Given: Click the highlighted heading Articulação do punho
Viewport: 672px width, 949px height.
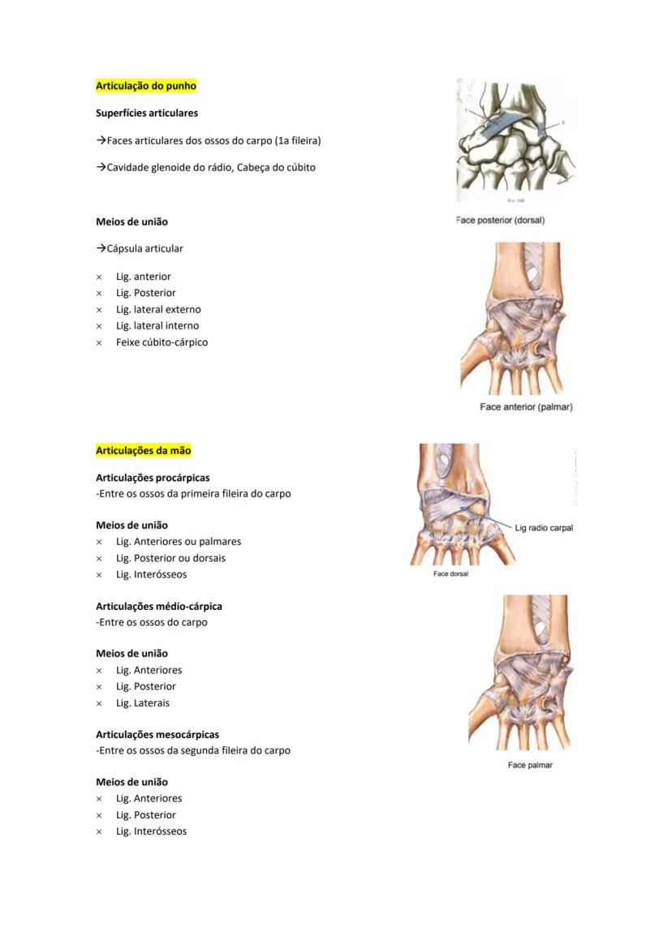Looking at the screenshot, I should pyautogui.click(x=146, y=86).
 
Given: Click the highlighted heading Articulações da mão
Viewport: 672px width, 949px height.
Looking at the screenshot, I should pyautogui.click(x=144, y=451).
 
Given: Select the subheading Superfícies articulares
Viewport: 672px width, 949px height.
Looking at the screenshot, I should pyautogui.click(x=147, y=113).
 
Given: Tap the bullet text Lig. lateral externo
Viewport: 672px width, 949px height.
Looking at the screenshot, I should pyautogui.click(x=158, y=309).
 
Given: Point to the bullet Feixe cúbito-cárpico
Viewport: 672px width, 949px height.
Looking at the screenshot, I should pyautogui.click(x=162, y=342).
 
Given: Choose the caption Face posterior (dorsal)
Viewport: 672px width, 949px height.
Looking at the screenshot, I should pyautogui.click(x=500, y=220).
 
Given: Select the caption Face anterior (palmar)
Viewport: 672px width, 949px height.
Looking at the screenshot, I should pyautogui.click(x=526, y=407).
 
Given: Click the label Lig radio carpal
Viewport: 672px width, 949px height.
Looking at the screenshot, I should pyautogui.click(x=544, y=528).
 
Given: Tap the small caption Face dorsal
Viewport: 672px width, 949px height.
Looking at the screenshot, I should pyautogui.click(x=450, y=574).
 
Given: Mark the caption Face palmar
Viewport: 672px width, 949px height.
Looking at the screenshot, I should pyautogui.click(x=530, y=765).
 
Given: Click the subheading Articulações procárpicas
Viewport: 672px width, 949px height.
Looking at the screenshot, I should pyautogui.click(x=153, y=478).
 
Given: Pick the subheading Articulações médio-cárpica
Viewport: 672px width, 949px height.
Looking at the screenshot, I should pyautogui.click(x=159, y=606).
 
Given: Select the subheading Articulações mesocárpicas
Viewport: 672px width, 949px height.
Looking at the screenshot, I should pyautogui.click(x=157, y=734).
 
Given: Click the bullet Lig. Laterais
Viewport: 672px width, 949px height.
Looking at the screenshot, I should pyautogui.click(x=143, y=703).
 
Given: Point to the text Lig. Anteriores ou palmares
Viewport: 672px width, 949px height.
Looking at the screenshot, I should pyautogui.click(x=179, y=542).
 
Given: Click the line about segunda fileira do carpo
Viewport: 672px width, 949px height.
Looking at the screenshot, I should pyautogui.click(x=193, y=750).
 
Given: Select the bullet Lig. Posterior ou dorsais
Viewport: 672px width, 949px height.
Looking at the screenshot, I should pyautogui.click(x=170, y=558).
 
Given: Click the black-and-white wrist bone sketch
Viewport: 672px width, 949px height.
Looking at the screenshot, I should pyautogui.click(x=516, y=138).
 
